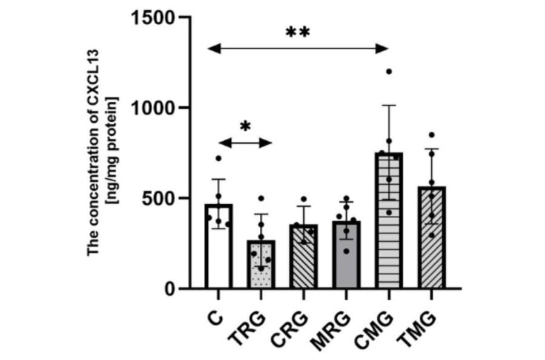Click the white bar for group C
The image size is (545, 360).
click(x=218, y=255)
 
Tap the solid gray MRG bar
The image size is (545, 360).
click(x=346, y=258)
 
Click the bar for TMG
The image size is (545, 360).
click(x=431, y=242)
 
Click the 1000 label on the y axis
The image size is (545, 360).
click(x=152, y=108)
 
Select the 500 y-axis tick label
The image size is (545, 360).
click(x=159, y=199)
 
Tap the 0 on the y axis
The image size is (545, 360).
click(x=171, y=289)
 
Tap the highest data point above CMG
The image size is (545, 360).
click(x=389, y=72)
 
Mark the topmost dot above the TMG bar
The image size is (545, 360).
click(x=431, y=135)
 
